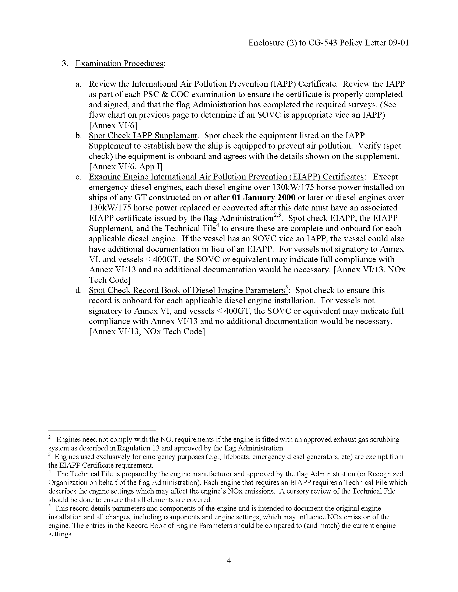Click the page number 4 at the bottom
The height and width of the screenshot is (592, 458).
229,560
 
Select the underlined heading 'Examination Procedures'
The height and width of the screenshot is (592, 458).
119,64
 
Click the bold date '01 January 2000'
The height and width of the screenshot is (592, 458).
264,197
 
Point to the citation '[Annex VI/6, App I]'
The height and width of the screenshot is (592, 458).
126,166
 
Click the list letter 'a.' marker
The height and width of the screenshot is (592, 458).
78,84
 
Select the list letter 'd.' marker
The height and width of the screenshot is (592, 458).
78,290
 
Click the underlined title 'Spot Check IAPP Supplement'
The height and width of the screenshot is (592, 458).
143,136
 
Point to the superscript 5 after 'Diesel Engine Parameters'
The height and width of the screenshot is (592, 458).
287,288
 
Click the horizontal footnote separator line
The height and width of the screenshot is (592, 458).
102,431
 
